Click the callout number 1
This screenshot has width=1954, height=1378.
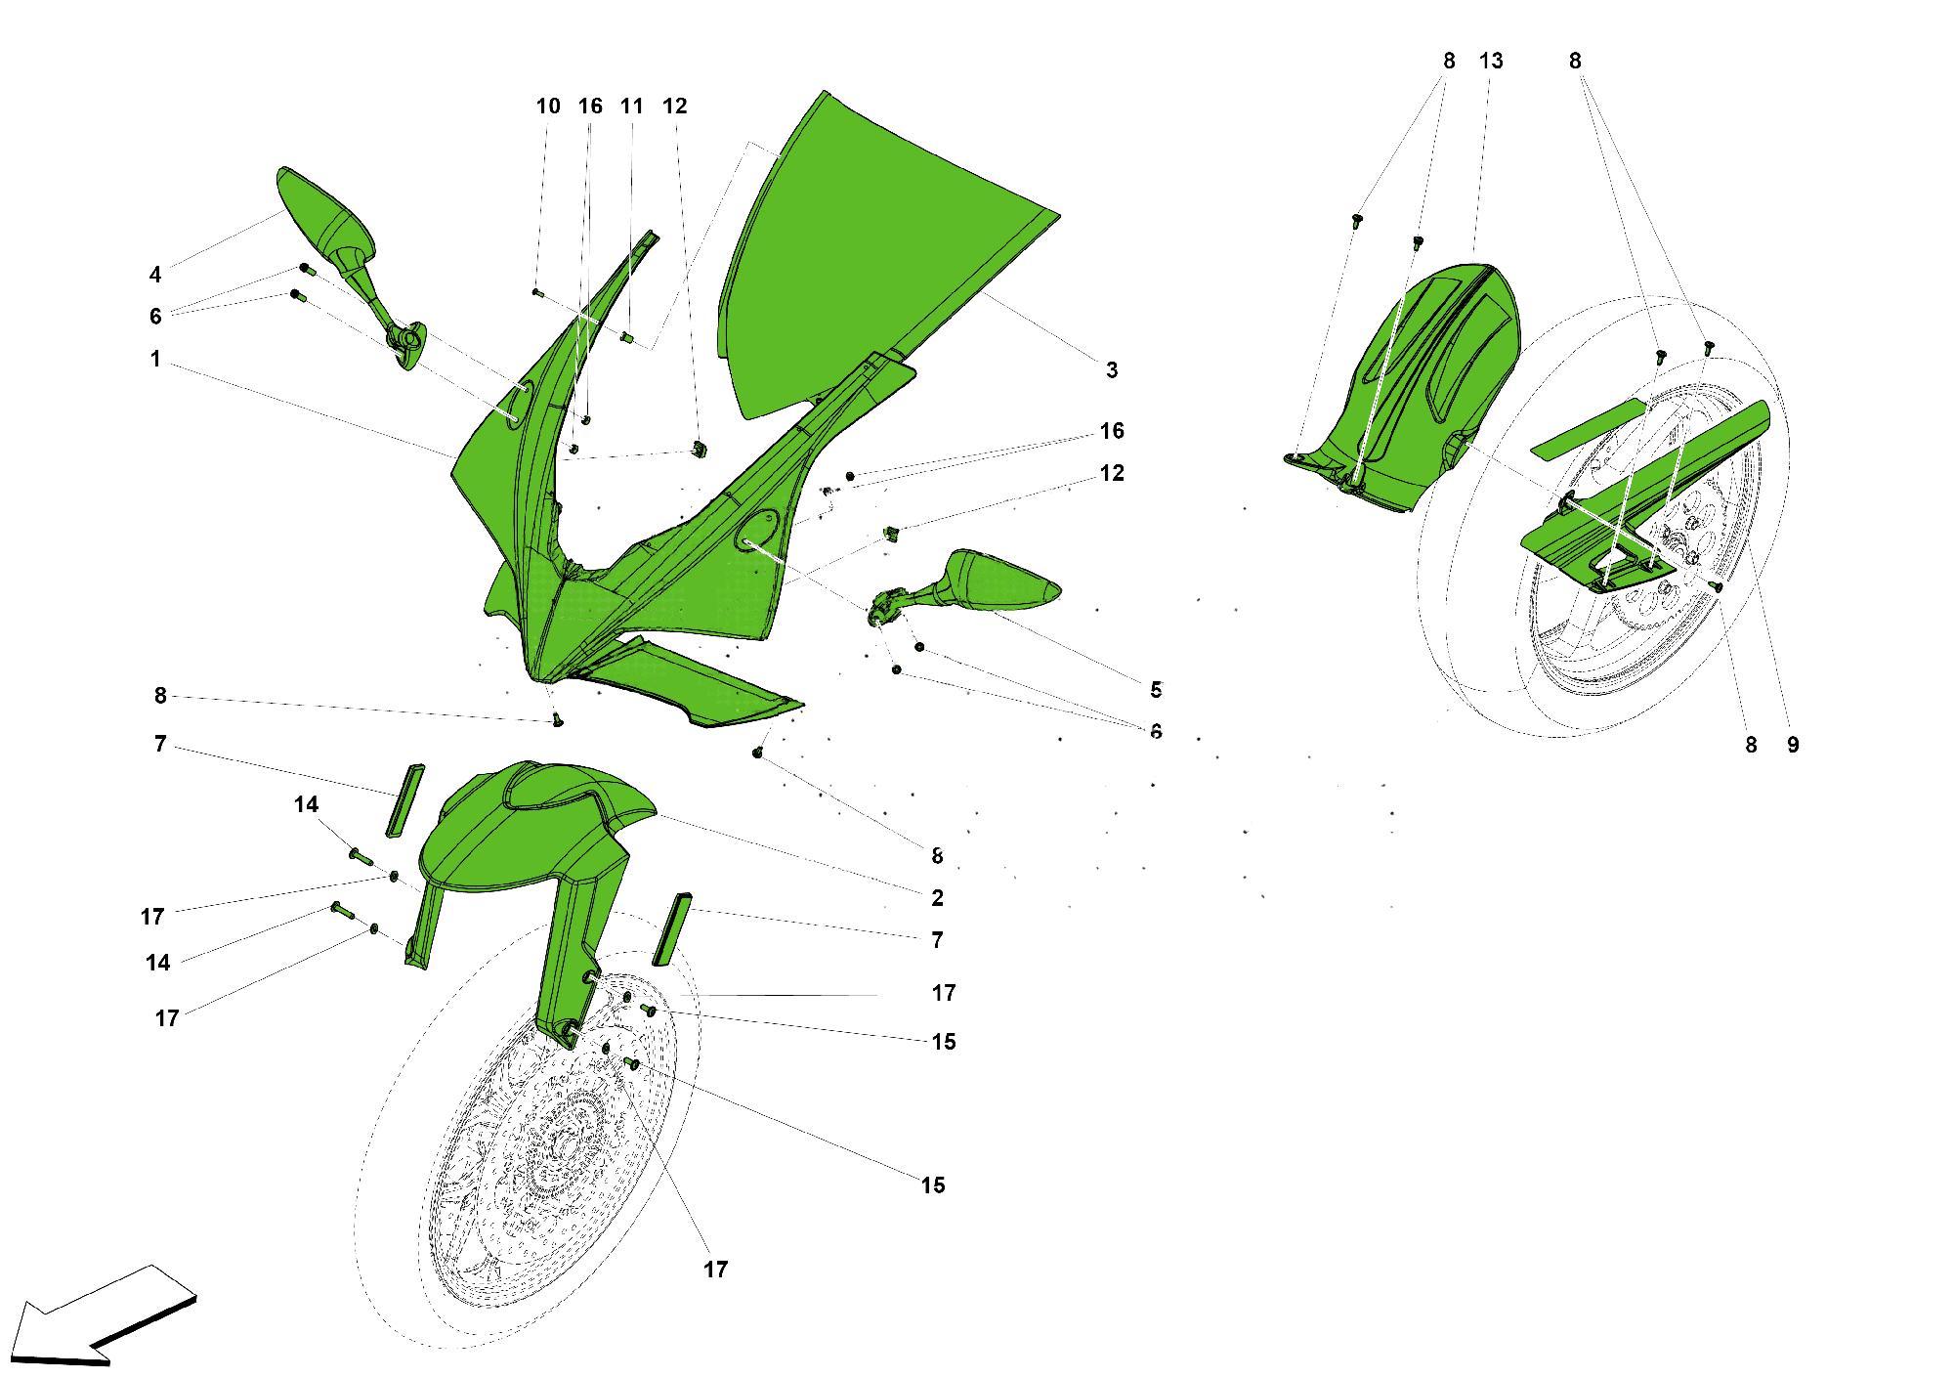155,359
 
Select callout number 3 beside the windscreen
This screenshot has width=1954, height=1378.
1112,369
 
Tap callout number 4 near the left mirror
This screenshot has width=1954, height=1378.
155,275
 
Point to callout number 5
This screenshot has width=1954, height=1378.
1156,690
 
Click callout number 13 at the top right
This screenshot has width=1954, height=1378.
1491,61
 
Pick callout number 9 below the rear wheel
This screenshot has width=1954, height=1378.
1793,745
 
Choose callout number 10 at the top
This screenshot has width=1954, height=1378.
548,106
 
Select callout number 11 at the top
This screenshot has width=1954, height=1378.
632,106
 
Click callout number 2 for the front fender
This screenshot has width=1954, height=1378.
937,897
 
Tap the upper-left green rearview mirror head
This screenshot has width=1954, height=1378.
322,215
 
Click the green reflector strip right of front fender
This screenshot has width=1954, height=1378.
672,928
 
